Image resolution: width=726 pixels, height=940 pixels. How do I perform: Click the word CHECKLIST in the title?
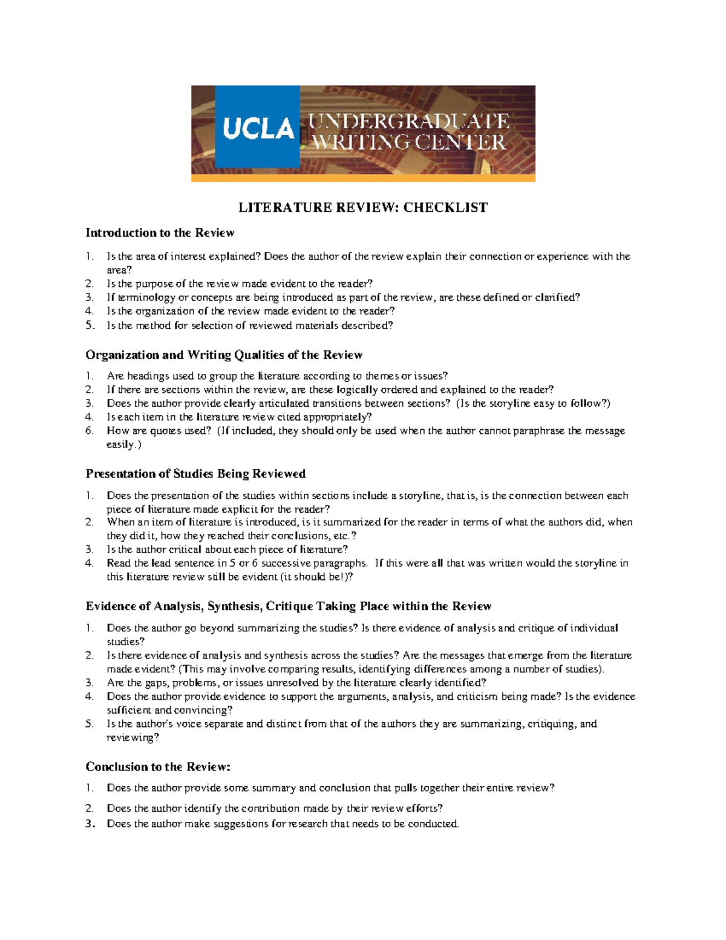coord(445,208)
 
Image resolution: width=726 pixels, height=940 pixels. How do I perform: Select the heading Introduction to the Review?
coord(160,233)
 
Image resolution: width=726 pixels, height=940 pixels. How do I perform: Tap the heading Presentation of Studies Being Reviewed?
coord(195,473)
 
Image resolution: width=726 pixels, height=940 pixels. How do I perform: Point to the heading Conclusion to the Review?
coord(158,767)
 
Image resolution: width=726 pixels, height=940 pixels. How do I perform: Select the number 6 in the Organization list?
coord(90,431)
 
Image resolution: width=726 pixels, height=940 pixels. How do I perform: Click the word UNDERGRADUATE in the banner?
coord(410,121)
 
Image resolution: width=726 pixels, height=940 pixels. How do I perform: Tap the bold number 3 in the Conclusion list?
coord(90,824)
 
